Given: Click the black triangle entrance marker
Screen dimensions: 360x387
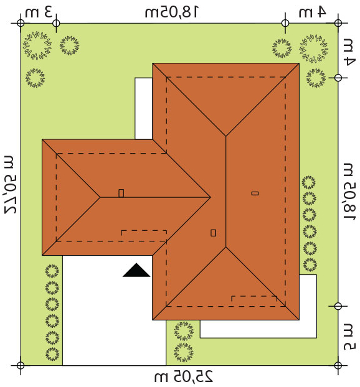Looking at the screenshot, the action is point(136,271).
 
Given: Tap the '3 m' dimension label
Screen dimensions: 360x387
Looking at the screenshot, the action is point(39,12).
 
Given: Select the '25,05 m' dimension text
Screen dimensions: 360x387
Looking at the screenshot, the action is point(183,376).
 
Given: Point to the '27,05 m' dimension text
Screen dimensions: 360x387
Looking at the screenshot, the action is point(11,184).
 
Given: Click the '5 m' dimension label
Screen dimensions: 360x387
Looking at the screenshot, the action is point(349,336).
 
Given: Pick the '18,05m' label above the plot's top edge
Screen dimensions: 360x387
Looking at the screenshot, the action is point(171,12).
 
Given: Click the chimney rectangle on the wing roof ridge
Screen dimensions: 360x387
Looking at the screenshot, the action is point(121,193).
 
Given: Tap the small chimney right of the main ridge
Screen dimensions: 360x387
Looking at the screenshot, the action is point(255,193).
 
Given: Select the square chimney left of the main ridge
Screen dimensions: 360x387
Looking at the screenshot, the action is point(213,233).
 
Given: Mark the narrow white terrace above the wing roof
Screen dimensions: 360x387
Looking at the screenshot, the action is point(143,108).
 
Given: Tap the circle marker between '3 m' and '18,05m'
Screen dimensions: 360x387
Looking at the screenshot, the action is point(56,23).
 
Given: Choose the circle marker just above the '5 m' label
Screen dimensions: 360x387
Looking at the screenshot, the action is point(338,306).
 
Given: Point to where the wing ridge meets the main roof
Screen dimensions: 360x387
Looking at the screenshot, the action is point(211,197).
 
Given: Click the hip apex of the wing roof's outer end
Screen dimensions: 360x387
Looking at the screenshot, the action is point(100,197).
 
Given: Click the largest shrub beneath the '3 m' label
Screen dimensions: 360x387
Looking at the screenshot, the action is point(37,45).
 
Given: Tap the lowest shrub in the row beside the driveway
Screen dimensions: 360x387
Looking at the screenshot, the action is point(52,353).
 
